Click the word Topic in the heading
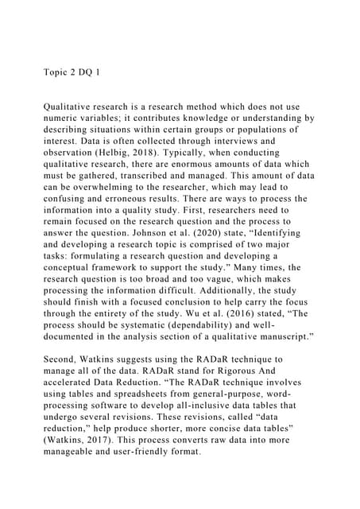(x=56, y=70)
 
